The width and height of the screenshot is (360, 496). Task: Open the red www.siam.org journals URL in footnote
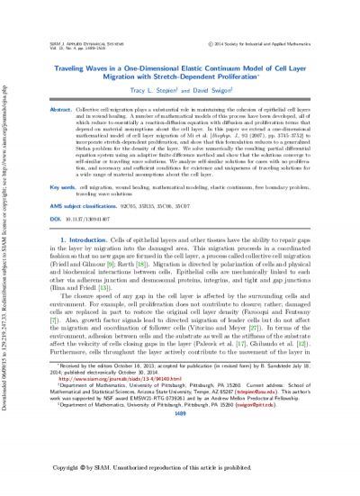point(126,393)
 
